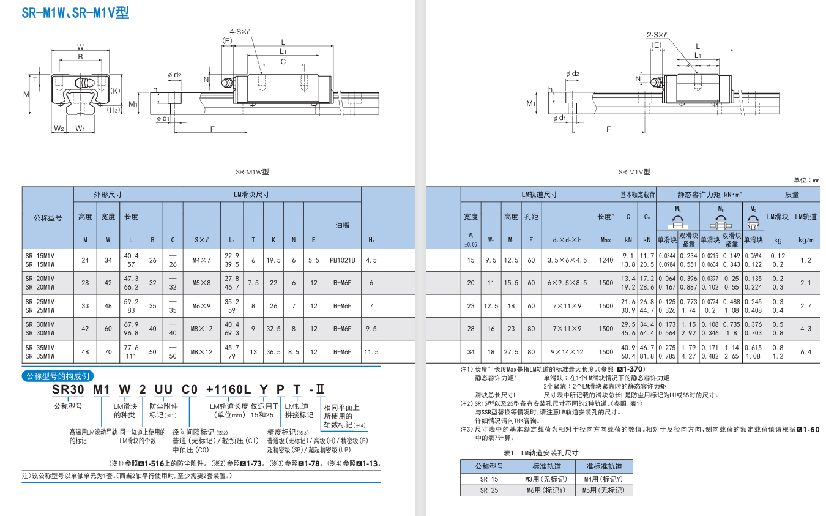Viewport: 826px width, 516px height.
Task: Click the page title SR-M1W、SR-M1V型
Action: (75, 12)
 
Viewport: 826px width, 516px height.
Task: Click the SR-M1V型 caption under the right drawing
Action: (634, 172)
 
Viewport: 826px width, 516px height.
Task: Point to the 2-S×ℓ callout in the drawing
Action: (657, 35)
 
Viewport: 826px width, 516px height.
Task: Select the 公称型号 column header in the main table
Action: (48, 217)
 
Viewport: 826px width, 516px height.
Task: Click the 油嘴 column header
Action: (342, 225)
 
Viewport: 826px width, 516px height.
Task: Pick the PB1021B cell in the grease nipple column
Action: (342, 260)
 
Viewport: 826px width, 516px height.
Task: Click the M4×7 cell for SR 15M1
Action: (201, 260)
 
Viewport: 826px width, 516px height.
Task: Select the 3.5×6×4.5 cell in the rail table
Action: (567, 260)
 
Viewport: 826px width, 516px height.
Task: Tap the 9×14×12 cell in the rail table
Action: (567, 352)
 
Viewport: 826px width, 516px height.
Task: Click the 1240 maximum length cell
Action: (606, 260)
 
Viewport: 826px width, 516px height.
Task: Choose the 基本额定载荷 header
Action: (637, 195)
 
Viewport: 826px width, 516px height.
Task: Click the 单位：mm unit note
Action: (806, 180)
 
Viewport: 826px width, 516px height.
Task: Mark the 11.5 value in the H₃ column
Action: (371, 352)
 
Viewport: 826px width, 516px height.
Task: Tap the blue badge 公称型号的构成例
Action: (58, 376)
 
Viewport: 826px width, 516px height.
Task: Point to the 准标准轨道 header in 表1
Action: (603, 466)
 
